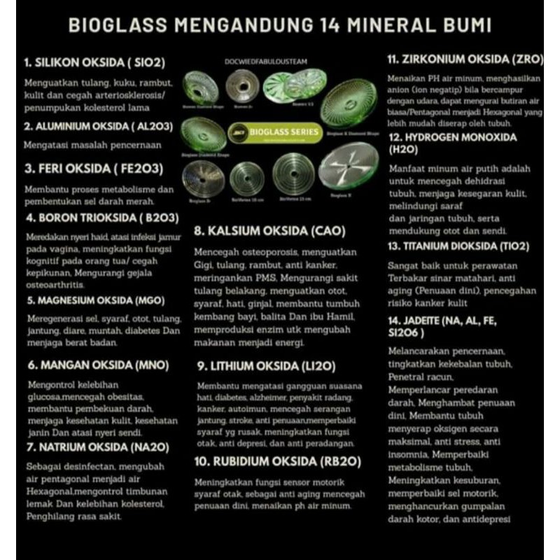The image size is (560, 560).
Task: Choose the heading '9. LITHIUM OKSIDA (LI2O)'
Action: (x=267, y=365)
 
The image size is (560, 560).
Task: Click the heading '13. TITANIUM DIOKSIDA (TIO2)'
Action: (x=458, y=246)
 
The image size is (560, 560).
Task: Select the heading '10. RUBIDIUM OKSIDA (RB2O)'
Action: (x=269, y=461)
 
